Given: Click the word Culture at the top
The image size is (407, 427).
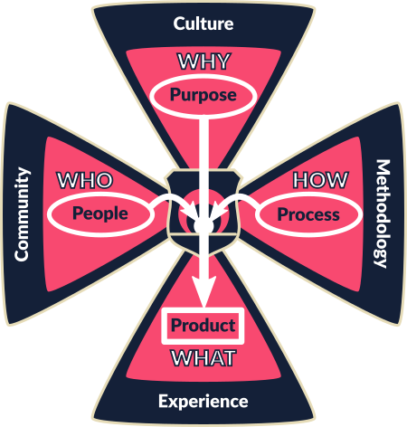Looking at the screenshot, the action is [x=203, y=24].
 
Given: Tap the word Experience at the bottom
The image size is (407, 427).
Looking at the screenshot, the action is [x=203, y=402].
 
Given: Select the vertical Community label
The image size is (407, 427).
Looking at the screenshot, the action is [x=23, y=214].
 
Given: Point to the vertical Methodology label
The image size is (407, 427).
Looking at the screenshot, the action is [x=383, y=213].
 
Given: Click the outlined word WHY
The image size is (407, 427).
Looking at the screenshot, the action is [x=204, y=62].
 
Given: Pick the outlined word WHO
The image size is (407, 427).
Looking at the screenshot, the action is [x=85, y=180].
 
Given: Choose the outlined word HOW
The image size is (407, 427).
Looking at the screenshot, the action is [x=321, y=180].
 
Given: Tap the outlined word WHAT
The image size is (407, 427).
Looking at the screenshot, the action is [x=203, y=358].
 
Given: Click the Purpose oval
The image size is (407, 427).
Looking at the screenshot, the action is [x=203, y=96].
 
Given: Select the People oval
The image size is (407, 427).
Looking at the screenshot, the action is [x=100, y=214].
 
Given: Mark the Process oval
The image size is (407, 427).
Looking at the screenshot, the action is [x=308, y=214].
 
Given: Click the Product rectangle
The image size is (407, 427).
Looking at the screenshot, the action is [x=203, y=326].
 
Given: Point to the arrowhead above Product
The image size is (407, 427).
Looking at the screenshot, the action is [x=204, y=290].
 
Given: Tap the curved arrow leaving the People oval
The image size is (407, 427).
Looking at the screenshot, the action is [x=175, y=199].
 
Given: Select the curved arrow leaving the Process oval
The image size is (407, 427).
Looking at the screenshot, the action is [x=233, y=199].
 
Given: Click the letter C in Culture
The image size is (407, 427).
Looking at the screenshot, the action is [x=179, y=24].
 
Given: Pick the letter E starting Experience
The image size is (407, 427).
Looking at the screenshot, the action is [x=163, y=401].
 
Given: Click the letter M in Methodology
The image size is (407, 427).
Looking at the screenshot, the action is [x=383, y=168].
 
